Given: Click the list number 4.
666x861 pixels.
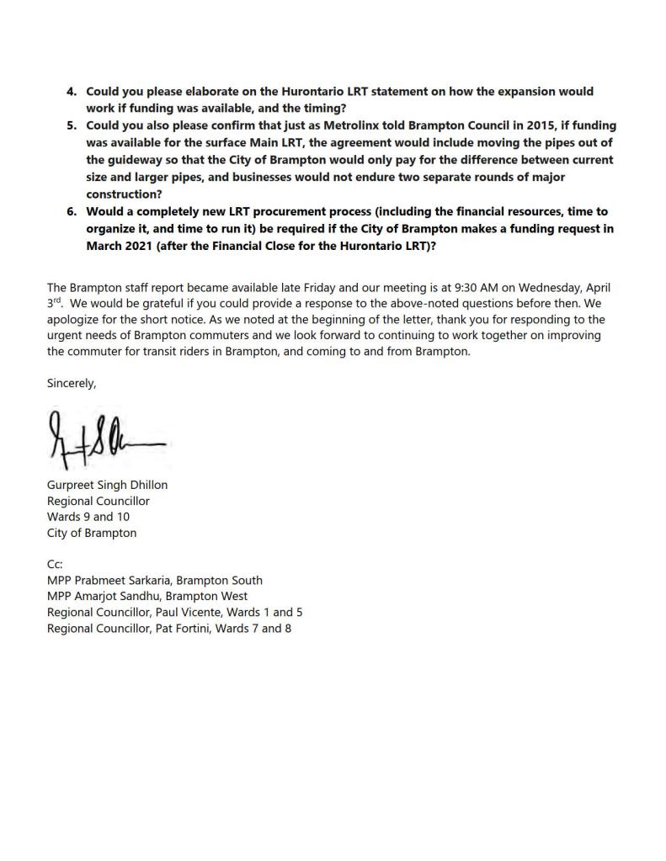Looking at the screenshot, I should click(x=72, y=92).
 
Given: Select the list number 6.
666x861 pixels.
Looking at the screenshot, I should click(x=72, y=212).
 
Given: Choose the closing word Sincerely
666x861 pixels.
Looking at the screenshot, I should click(x=72, y=383).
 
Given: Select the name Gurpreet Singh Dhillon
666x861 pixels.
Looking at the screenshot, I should click(x=107, y=485).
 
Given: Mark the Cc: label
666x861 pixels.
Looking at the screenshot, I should click(x=56, y=565).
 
